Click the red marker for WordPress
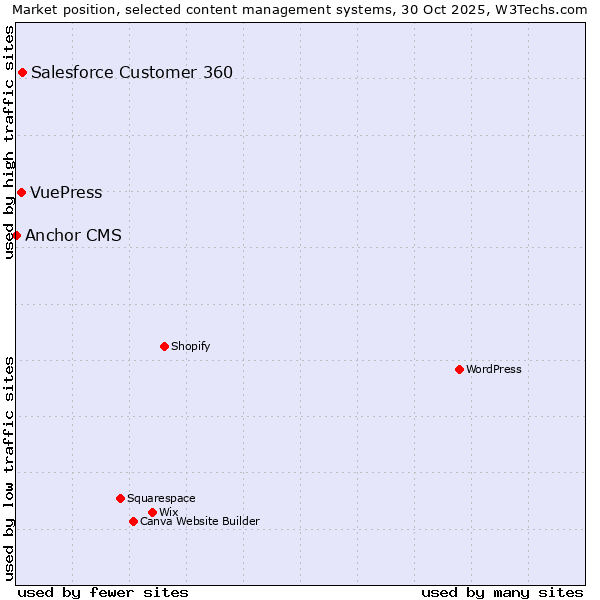459,369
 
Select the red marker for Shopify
164,346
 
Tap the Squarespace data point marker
120,498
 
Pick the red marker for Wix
152,512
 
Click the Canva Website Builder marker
133,521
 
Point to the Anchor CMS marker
16,235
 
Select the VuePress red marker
21,192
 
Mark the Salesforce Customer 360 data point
22,72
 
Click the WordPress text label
494,369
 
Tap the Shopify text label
191,346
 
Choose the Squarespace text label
161,498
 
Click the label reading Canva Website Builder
200,521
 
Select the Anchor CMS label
74,236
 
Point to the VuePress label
66,193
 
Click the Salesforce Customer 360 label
132,72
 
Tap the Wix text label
169,512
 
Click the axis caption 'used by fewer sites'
103,592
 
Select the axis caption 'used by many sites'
502,592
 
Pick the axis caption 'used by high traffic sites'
10,142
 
